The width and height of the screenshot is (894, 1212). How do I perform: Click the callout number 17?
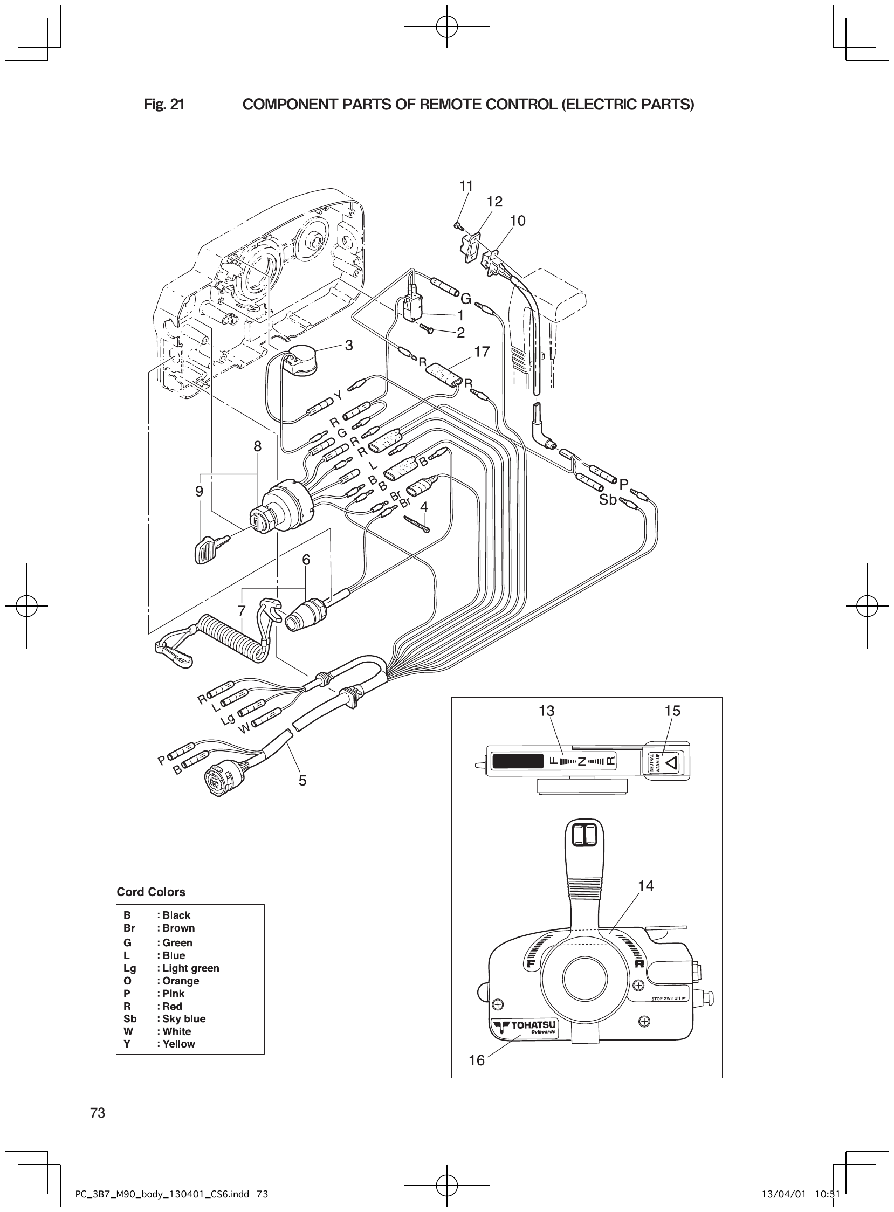[481, 352]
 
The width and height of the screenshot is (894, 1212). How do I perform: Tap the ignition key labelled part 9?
[208, 549]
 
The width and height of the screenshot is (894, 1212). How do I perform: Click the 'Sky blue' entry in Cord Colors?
[183, 1019]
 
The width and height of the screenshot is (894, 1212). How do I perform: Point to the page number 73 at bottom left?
[98, 1113]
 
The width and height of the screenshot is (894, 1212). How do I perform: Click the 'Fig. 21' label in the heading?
[164, 105]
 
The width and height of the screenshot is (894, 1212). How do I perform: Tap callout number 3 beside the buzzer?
[349, 345]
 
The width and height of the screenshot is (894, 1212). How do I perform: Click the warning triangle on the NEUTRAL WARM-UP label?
[671, 763]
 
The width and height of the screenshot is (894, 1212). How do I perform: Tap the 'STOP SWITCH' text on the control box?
[665, 998]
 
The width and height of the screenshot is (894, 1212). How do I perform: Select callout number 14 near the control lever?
[645, 885]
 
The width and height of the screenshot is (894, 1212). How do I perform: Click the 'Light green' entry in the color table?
[190, 968]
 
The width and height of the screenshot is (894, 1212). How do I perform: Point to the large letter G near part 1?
[465, 298]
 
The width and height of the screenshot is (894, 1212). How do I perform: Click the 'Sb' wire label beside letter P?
[608, 500]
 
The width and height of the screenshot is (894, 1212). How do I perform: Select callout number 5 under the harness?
[302, 780]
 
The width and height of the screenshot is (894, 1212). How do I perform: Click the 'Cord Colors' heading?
[151, 892]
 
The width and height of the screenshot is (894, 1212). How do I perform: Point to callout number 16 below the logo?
[477, 1060]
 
